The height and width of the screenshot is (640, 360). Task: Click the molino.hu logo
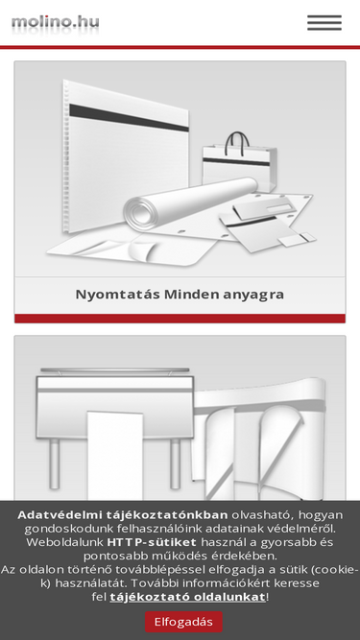(55, 22)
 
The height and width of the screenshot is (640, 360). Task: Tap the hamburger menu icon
(324, 23)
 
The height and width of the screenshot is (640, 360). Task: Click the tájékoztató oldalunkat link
(188, 597)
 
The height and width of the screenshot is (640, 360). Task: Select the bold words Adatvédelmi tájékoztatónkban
(123, 514)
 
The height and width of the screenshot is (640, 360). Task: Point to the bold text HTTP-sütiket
(152, 542)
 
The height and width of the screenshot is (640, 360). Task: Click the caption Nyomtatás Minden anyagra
(180, 295)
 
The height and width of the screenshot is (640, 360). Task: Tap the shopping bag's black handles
(237, 143)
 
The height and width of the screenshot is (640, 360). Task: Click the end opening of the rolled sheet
(141, 213)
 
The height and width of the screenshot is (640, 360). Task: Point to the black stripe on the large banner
(129, 117)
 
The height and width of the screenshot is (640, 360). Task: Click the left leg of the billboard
(55, 463)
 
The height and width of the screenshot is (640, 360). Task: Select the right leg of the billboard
(175, 463)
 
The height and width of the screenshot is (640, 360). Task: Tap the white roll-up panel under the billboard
(115, 457)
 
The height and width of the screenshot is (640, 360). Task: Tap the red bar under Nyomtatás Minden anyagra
(180, 319)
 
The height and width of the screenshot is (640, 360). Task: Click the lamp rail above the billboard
(114, 370)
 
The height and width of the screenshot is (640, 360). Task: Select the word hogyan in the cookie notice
(323, 515)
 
